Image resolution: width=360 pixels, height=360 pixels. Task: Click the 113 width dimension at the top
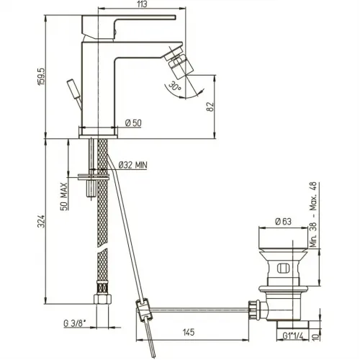[143, 4]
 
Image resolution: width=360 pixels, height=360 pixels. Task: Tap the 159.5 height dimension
[41, 76]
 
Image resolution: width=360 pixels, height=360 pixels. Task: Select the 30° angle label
[175, 86]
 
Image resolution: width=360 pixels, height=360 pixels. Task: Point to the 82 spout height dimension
[210, 107]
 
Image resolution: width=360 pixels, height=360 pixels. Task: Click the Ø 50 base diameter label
[133, 123]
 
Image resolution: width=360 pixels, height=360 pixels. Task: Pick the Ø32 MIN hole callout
[132, 165]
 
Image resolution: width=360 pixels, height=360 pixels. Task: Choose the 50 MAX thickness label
[63, 197]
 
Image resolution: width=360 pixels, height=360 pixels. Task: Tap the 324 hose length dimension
[41, 221]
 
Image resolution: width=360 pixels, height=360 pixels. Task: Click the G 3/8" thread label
[75, 323]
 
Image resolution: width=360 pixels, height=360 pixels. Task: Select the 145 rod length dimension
[189, 333]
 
